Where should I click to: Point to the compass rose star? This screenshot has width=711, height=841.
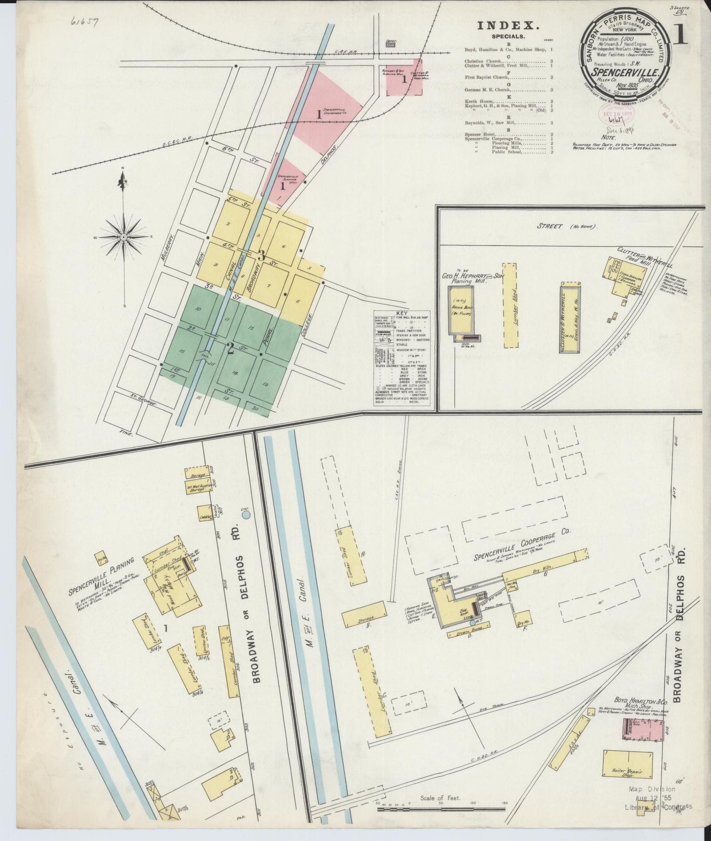pos(123,237)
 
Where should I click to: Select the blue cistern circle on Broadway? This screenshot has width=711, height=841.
pos(246,514)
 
